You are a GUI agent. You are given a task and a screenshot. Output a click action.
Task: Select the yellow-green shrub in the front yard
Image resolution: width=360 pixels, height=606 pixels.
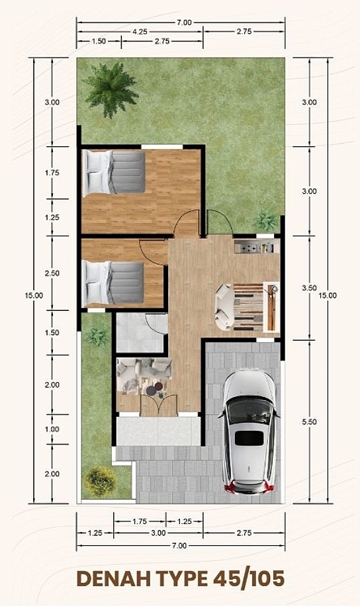(x=100, y=482)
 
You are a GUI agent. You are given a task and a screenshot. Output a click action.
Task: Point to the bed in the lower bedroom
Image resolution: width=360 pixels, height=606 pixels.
(x=113, y=283)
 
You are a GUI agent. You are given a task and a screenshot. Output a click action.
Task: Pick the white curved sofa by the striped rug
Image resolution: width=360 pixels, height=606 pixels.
(x=224, y=307)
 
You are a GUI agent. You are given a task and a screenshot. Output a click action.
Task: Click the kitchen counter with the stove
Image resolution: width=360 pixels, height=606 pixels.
(x=256, y=246)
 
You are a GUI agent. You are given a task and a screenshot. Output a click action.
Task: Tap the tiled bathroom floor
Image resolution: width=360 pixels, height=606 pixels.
(x=142, y=333)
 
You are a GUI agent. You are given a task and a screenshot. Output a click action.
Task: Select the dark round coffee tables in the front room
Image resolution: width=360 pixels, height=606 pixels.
(x=155, y=388)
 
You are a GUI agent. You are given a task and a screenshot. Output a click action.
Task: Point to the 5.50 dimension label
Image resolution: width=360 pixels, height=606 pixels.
(x=309, y=421)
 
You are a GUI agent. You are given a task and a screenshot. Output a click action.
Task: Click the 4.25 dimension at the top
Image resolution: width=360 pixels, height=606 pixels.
(x=140, y=32)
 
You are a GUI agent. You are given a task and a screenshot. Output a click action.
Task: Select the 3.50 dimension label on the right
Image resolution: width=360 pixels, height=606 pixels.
(x=309, y=288)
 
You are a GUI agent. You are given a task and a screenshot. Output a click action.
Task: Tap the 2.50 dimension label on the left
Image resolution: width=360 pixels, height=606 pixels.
(x=52, y=273)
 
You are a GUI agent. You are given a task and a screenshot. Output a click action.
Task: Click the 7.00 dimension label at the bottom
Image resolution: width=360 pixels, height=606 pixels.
(x=179, y=546)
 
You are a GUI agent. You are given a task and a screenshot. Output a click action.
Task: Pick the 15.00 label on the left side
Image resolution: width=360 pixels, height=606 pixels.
(x=34, y=296)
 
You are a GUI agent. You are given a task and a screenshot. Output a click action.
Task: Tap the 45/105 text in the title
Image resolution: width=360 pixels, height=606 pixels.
(x=249, y=580)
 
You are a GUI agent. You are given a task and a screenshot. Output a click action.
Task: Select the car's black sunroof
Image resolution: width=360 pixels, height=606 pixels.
(x=249, y=438)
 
